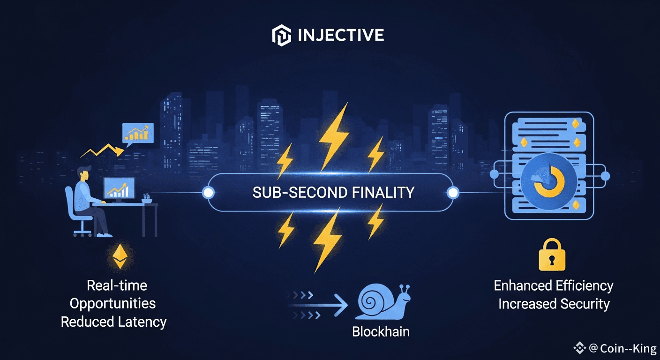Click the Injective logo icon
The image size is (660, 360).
281,36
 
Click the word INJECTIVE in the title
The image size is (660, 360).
341,36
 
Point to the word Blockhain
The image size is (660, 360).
381,332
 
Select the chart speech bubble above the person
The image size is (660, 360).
137,133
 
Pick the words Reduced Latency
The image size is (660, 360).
114,322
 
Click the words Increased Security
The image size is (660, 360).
554,304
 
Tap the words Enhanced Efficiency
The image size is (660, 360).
554,285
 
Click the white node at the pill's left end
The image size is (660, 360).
208,192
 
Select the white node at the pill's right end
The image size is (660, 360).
452,192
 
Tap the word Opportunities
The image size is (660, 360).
113,303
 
